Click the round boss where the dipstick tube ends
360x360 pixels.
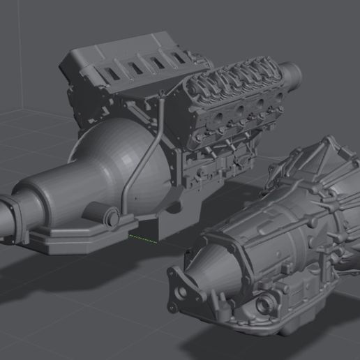[110, 218]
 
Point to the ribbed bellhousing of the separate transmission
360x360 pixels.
[314, 174]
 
